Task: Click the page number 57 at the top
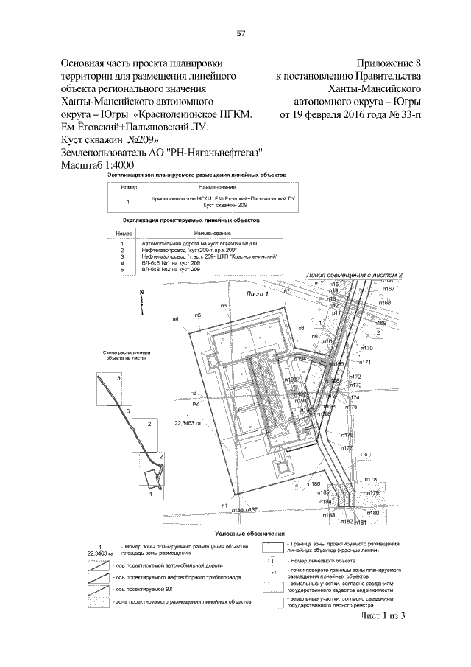[x=240, y=32]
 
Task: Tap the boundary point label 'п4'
[x=175, y=319]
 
